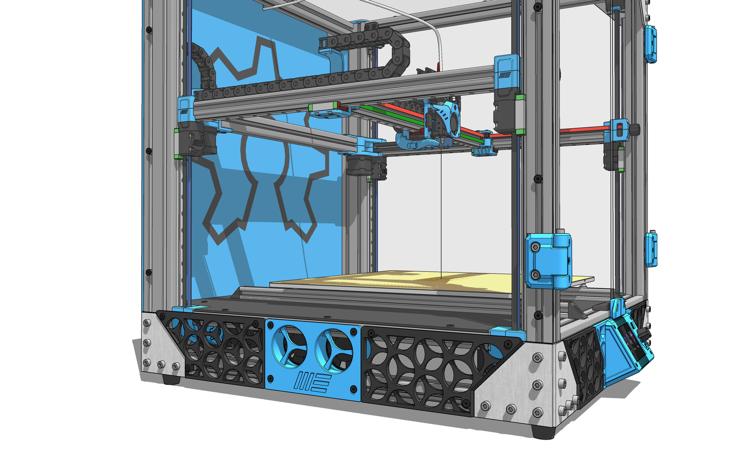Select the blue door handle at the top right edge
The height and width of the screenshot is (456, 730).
pyautogui.click(x=650, y=43)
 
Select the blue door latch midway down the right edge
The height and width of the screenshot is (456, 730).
pyautogui.click(x=651, y=249)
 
